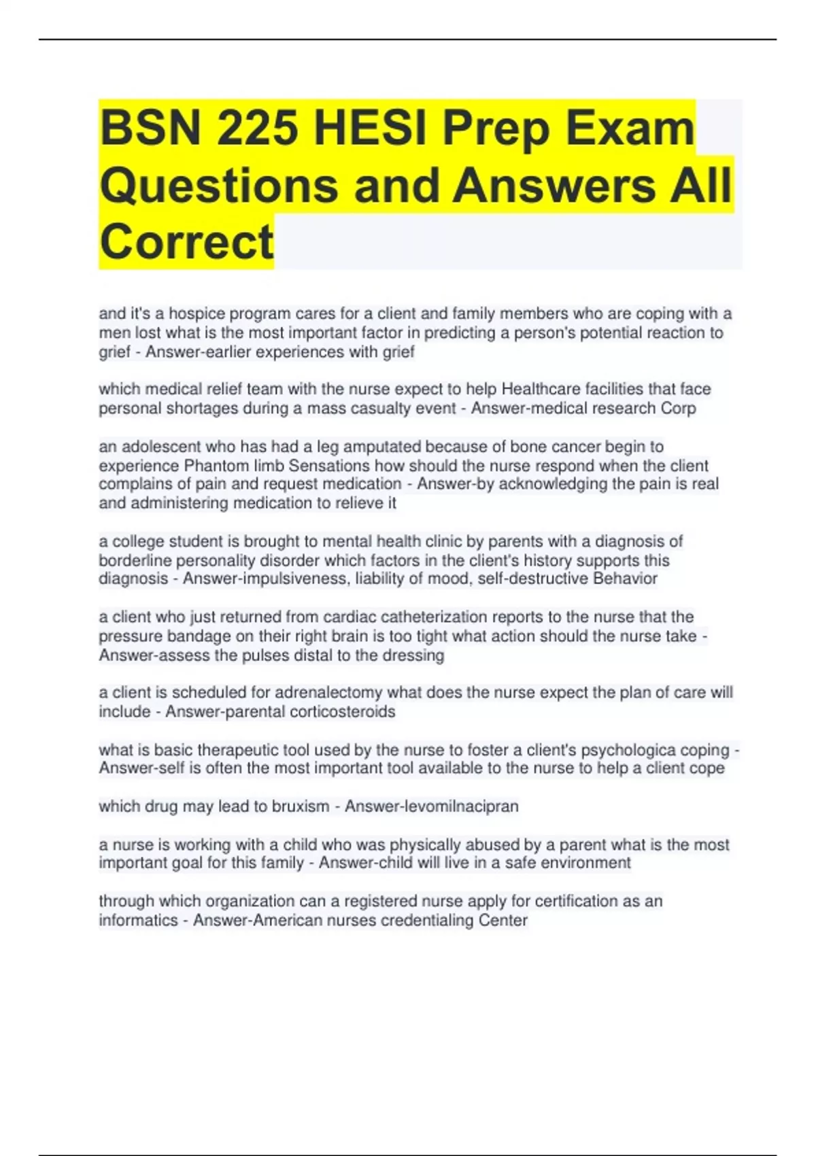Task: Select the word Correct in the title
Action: click(186, 241)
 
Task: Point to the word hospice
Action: click(197, 313)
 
